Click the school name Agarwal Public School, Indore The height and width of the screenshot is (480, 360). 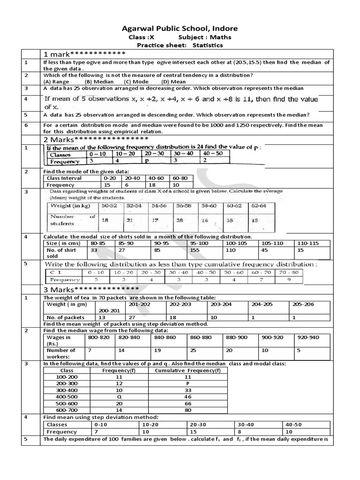pyautogui.click(x=180, y=28)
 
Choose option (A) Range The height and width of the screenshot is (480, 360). pyautogui.click(x=56, y=82)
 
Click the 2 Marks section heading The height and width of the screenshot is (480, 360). pyautogui.click(x=96, y=140)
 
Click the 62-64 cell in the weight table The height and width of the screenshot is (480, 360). pyautogui.click(x=258, y=206)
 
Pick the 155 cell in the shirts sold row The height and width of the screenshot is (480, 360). pyautogui.click(x=196, y=250)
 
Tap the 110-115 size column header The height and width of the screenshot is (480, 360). pyautogui.click(x=308, y=243)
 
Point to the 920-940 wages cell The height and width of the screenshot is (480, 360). pyautogui.click(x=308, y=337)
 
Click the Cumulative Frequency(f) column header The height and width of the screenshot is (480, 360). pyautogui.click(x=187, y=370)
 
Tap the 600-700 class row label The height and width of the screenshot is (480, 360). pyautogui.click(x=67, y=409)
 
